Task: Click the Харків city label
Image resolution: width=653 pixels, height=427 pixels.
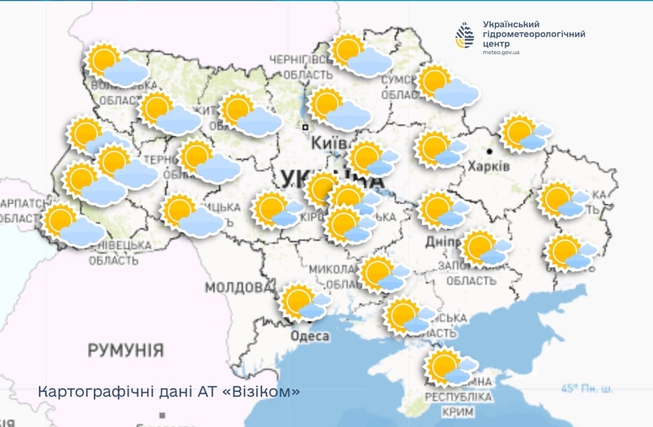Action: tap(489, 166)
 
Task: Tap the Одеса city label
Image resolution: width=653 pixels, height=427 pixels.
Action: tap(310, 336)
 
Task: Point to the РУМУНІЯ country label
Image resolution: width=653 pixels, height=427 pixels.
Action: tap(125, 350)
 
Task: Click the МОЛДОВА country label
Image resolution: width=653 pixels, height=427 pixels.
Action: tap(239, 287)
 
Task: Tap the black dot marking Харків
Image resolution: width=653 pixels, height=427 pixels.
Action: tap(490, 151)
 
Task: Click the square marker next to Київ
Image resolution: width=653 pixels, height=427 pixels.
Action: tap(305, 127)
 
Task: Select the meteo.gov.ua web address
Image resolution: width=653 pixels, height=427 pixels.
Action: tap(501, 52)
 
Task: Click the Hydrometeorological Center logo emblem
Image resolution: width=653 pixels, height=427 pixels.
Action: tap(465, 35)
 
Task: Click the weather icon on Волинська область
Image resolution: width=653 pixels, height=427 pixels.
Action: tap(115, 64)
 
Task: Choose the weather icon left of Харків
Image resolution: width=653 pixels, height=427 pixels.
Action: tap(439, 150)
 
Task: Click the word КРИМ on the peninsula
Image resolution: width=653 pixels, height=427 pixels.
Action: tap(458, 412)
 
